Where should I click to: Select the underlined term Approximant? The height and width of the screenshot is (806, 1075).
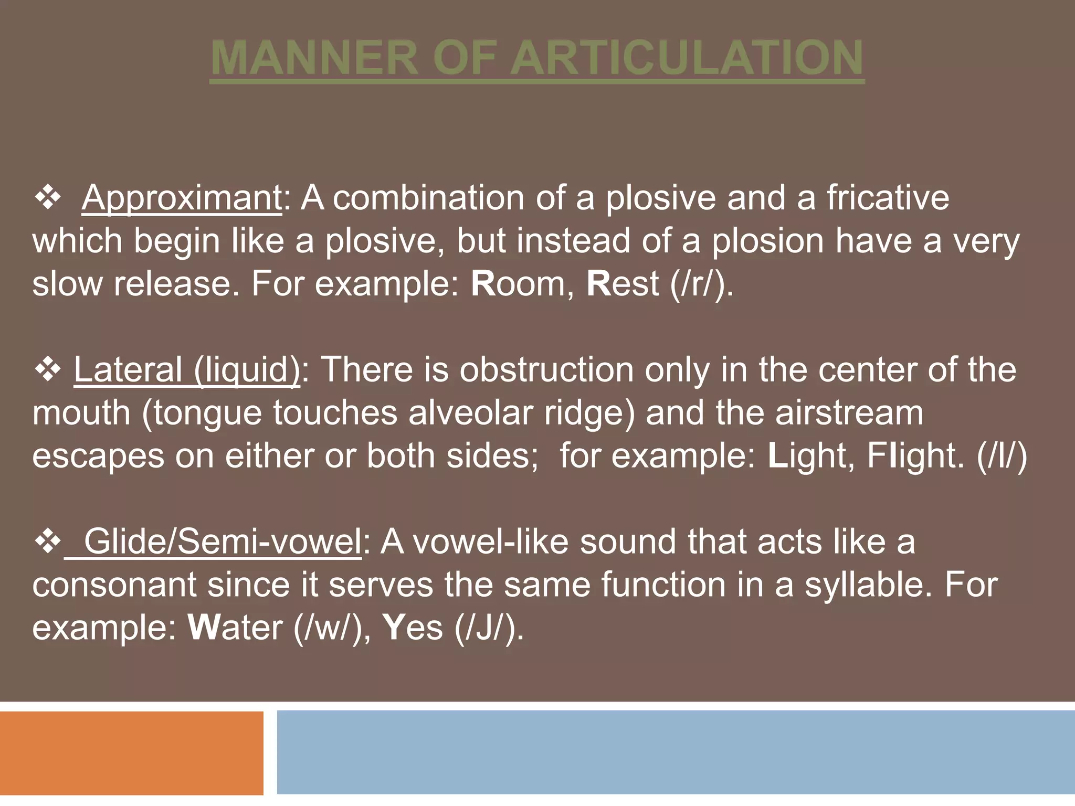coord(182,198)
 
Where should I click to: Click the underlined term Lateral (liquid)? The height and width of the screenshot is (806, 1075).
coord(187,369)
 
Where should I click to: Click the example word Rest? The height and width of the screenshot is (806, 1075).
coord(623,284)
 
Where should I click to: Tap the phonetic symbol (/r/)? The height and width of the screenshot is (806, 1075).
coord(701,284)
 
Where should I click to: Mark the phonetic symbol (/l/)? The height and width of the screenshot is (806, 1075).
coord(1002,455)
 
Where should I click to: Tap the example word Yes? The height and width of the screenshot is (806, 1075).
coord(413,628)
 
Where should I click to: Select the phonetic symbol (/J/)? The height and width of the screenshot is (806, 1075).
coord(488,628)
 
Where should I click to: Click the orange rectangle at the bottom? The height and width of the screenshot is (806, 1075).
coord(131,752)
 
